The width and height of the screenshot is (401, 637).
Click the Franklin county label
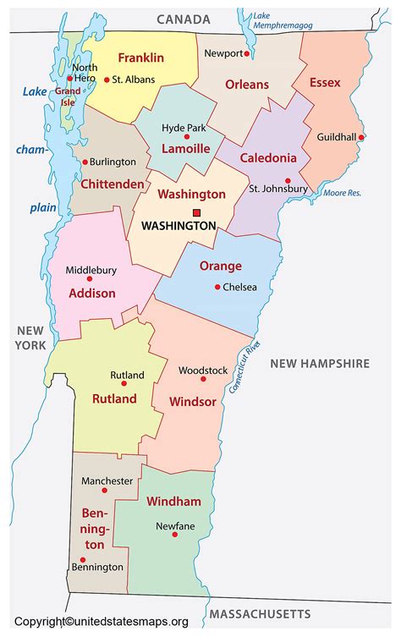(140, 58)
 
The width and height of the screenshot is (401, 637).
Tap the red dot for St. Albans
(106, 80)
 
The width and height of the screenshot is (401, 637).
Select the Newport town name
(223, 53)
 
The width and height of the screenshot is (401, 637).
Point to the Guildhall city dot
(361, 137)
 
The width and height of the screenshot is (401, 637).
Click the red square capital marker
(197, 212)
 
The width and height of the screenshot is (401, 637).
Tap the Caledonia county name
(268, 157)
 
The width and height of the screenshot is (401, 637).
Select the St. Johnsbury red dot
(288, 180)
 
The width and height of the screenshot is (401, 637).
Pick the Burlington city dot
(85, 162)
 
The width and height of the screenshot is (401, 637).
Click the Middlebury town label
(91, 271)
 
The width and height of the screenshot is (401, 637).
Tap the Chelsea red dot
(217, 287)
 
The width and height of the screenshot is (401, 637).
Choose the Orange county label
(220, 266)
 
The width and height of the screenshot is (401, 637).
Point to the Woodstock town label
(202, 370)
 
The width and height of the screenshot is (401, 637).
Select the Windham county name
(173, 502)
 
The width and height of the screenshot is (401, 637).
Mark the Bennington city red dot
(82, 559)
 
